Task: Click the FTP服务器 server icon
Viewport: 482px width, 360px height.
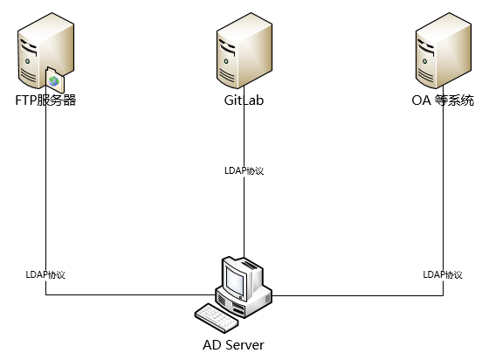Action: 45,52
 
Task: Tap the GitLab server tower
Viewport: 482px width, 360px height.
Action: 244,51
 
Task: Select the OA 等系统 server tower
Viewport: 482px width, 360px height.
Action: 444,51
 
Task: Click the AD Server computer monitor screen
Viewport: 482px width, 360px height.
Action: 235,280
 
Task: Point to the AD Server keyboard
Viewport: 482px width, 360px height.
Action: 217,318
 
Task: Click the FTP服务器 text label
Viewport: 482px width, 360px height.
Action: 45,100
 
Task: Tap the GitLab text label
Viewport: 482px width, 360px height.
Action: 244,100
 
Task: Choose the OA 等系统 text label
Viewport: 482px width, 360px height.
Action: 443,100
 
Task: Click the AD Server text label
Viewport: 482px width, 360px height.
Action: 233,345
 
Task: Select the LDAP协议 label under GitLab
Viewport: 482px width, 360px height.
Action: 244,170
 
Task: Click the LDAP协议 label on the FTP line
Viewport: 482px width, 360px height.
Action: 45,274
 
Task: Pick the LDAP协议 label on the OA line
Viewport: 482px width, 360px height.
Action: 443,274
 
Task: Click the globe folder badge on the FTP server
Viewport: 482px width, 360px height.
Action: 55,80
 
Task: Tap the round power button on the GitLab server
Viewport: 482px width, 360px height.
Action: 226,61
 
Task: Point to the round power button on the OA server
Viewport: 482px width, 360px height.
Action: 425,61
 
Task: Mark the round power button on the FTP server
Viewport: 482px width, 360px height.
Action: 28,61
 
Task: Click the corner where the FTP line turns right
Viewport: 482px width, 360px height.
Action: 45,294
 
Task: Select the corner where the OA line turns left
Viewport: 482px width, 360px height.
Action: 444,295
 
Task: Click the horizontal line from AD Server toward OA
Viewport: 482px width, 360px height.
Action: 358,295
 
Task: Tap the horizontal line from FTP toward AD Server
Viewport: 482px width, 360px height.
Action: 131,294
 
